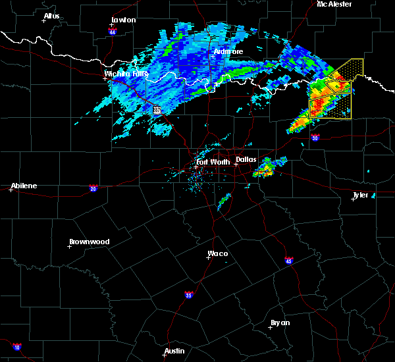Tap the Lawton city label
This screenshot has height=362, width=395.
[x=123, y=20]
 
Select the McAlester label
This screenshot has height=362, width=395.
[x=334, y=4]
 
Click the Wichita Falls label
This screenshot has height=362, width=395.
[x=126, y=74]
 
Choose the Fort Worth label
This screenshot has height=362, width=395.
[x=211, y=161]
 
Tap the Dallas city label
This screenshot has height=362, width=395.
[x=246, y=159]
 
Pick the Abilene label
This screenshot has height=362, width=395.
[x=23, y=186]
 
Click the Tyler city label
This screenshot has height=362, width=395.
[x=360, y=195]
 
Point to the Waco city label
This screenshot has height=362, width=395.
[x=218, y=253]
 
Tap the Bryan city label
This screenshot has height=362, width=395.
[x=280, y=323]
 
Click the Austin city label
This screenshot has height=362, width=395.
[x=174, y=351]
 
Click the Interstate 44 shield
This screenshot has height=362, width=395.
[x=113, y=32]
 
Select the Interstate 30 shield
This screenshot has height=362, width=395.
[x=315, y=138]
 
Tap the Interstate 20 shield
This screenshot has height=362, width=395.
[x=93, y=188]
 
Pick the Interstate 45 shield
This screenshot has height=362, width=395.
[x=289, y=261]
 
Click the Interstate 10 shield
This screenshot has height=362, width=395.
[x=16, y=347]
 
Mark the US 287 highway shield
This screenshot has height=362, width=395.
[x=157, y=111]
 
